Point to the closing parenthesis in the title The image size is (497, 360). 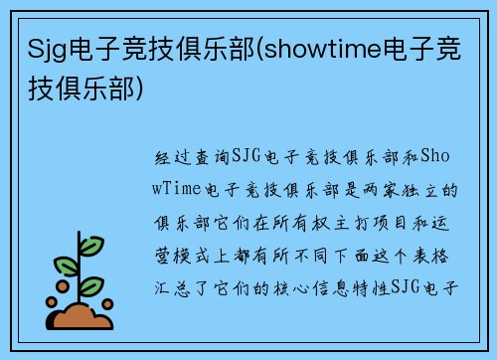148,90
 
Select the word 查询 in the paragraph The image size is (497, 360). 210,156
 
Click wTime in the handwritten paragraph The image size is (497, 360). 180,189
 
